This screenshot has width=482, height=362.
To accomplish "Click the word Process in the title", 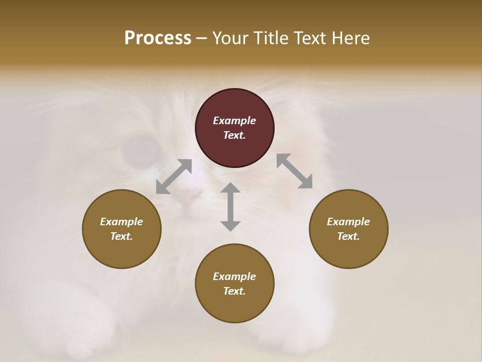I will (158, 38).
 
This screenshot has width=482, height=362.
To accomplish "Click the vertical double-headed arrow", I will (230, 207).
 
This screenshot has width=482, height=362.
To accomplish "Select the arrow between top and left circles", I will (174, 176).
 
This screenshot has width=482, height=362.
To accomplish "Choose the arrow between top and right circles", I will (295, 171).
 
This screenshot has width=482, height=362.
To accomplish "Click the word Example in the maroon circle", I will (234, 121).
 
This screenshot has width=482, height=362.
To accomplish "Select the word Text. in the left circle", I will (122, 236).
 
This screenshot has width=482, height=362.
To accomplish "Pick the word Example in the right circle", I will (348, 222).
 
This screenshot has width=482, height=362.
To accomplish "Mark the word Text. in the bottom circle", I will (234, 291).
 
